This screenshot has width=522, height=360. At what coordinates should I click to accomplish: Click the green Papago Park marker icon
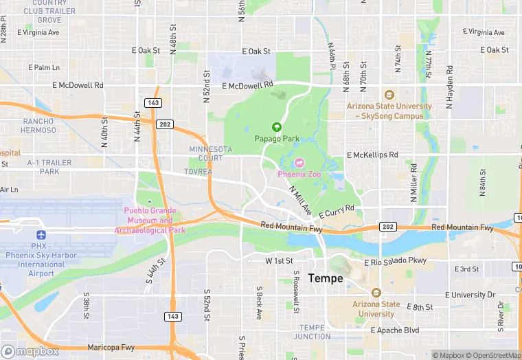click(277, 126)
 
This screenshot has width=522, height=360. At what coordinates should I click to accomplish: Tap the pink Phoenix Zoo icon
click(299, 164)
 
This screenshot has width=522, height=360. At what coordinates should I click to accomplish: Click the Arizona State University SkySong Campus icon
click(389, 95)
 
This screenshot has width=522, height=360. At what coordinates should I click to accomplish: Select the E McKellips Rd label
click(372, 155)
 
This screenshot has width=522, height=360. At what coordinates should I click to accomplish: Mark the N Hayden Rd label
click(450, 88)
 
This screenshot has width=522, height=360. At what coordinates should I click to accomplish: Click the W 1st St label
click(279, 261)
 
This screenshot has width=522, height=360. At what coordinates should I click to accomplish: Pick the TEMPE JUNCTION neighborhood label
click(312, 331)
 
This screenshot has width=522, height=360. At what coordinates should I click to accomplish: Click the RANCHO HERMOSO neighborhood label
click(38, 126)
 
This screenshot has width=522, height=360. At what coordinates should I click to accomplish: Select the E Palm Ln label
click(44, 67)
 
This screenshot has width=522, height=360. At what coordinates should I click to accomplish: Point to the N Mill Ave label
click(300, 199)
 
